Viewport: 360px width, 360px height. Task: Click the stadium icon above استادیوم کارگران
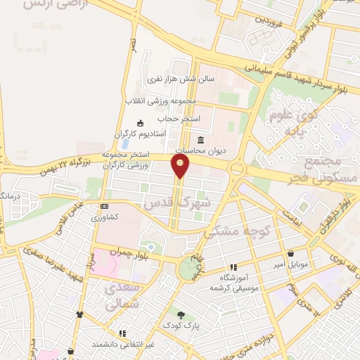(x=140, y=124)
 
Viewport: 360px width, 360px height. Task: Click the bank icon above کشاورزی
(x=105, y=206)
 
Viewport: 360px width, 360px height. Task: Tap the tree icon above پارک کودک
(x=181, y=315)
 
